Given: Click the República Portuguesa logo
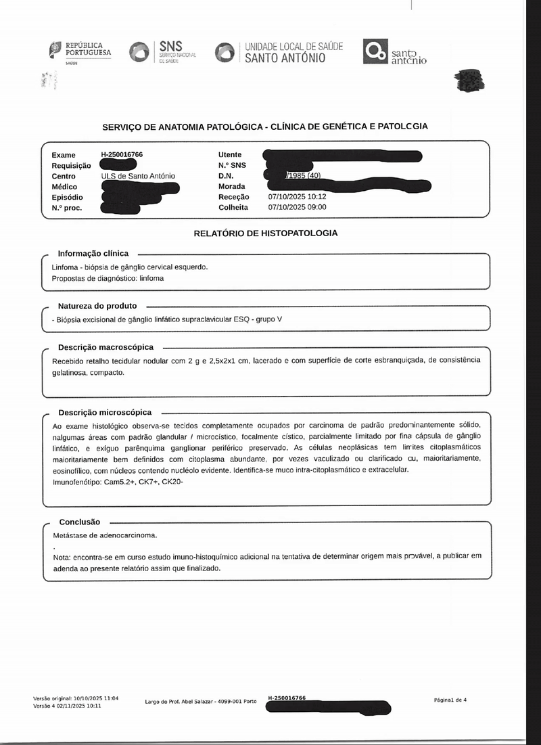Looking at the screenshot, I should (80, 51).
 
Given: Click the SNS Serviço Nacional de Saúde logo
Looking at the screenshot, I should (163, 52).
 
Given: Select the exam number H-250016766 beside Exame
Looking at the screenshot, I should (122, 155).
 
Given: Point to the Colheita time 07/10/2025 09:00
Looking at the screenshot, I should (297, 207).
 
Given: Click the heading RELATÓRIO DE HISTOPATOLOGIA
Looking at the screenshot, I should (266, 233).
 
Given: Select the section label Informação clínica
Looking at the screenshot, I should (93, 253).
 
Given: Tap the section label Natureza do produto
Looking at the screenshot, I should (97, 306).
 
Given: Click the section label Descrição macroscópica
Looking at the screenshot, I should (105, 347).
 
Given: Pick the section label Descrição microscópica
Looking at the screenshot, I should (105, 412).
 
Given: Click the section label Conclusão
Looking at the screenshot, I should (80, 522).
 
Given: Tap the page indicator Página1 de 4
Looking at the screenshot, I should (450, 700).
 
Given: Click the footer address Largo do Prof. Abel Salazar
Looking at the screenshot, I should (201, 702).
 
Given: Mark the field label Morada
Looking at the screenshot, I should (232, 187).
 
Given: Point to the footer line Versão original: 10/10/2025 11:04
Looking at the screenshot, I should (76, 698).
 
